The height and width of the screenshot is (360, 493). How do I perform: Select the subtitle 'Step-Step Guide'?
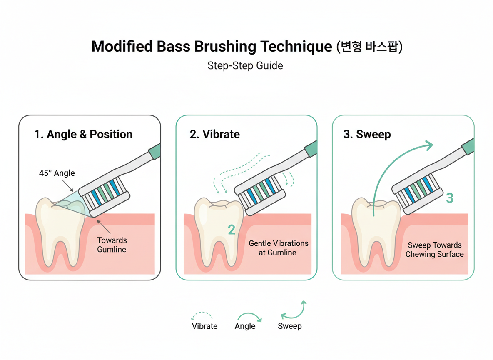245,66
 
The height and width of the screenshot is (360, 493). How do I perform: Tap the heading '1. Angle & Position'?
83,134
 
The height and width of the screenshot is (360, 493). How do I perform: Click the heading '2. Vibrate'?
215,134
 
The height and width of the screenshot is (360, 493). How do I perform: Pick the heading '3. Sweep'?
361,134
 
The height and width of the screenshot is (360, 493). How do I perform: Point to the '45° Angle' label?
57,173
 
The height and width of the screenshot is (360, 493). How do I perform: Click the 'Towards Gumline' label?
112,245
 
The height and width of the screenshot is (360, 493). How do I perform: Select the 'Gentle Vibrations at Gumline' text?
279,247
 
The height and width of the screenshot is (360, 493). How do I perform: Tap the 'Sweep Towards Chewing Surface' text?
434,250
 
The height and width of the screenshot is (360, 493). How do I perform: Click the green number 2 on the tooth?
232,229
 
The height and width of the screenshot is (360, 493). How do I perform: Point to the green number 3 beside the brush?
449,198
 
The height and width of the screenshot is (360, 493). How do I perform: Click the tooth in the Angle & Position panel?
56,229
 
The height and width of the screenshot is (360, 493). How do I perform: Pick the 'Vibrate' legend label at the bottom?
204,326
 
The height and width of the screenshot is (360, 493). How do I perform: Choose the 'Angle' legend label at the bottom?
245,326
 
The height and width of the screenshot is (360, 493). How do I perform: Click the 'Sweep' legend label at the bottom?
290,326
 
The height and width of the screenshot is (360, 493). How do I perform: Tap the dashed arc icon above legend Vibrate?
202,316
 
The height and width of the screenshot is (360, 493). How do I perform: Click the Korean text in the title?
369,46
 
